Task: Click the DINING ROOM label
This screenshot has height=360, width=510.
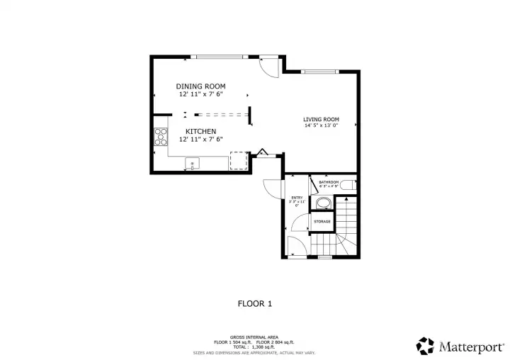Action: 200,86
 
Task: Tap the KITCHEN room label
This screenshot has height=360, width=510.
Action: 200,132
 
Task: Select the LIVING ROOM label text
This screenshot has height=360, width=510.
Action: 321,119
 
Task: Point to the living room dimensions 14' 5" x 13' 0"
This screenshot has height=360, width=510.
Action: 321,126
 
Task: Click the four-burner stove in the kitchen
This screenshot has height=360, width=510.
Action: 160,135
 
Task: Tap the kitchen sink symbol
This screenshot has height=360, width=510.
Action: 192,165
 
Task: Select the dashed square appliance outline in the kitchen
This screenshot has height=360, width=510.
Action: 239,162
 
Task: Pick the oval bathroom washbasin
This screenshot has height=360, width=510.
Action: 323,204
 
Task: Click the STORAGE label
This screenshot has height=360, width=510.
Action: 322,222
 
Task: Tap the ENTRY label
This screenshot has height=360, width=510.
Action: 297,198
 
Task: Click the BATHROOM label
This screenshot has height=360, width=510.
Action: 329,183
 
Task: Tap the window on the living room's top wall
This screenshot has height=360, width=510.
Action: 319,71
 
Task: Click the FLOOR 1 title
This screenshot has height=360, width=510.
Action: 254,303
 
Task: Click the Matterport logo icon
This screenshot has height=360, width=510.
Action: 425,346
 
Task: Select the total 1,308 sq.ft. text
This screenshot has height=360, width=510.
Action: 254,347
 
